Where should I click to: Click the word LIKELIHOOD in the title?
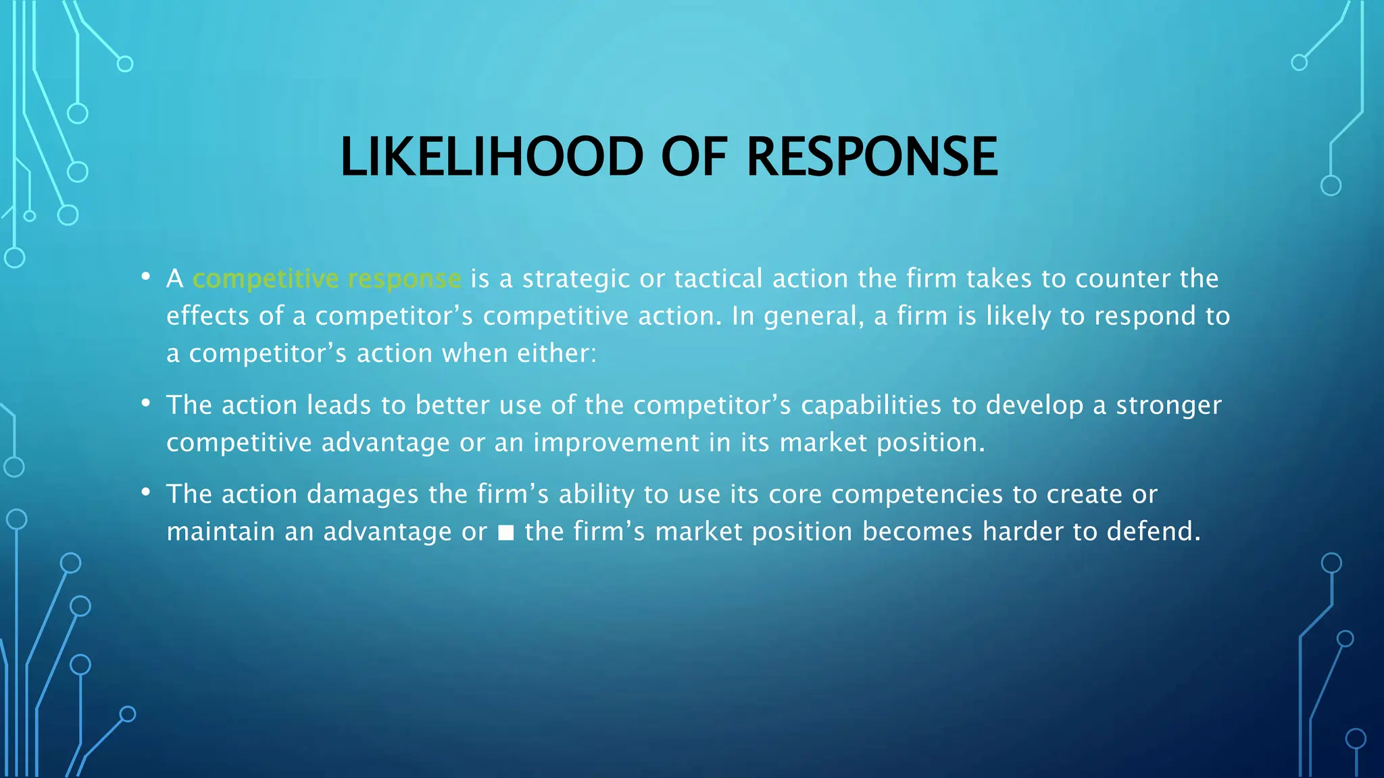(x=491, y=157)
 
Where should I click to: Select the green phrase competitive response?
(x=326, y=279)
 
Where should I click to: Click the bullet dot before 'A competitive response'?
(x=145, y=277)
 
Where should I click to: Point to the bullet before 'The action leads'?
(x=145, y=403)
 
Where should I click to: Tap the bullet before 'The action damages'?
(x=145, y=492)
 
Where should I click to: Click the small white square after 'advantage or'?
(x=505, y=534)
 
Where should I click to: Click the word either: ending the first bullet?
(x=557, y=354)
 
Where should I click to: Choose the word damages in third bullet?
(x=363, y=495)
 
